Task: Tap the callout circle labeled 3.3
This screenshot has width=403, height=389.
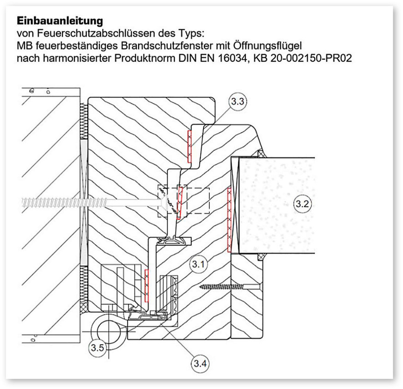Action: pos(237,102)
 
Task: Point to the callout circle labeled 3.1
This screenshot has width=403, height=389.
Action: pos(198,265)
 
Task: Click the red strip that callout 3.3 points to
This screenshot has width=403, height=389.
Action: pos(189,146)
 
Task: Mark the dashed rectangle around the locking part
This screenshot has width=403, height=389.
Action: pos(183,202)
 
